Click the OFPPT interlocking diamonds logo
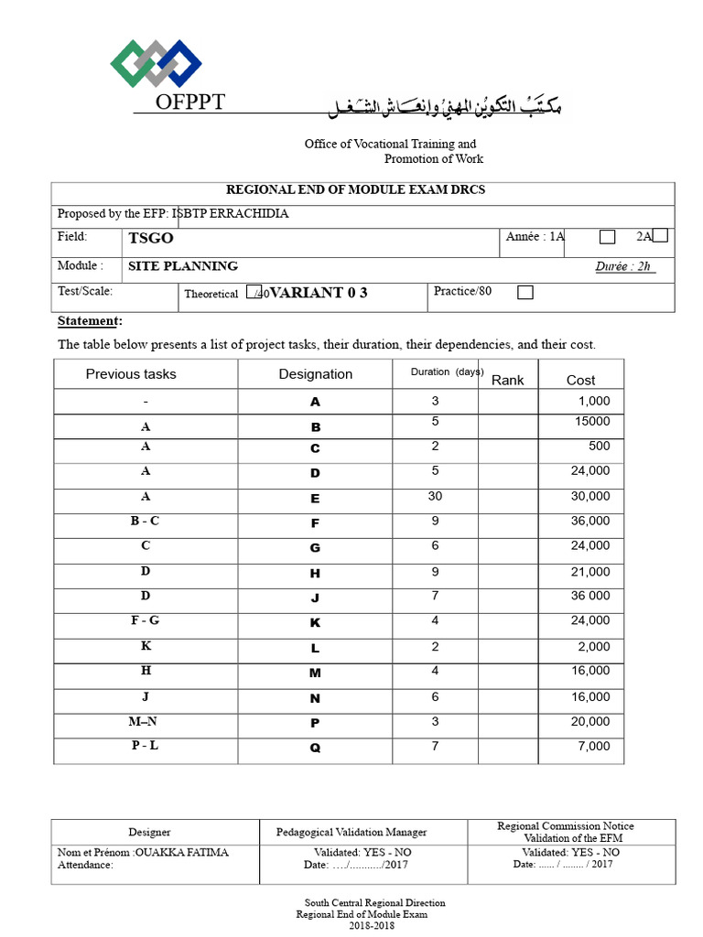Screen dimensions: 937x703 pos(157,63)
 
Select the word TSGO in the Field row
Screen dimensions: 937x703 pos(151,238)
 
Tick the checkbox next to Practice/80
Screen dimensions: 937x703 pos(525,293)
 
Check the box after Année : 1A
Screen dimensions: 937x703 pos(607,238)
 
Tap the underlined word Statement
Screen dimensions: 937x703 pos(89,321)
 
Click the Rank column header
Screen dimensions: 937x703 pos(508,379)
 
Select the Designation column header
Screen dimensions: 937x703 pos(315,374)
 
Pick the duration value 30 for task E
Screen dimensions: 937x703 pos(435,497)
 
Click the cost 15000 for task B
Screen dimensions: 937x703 pos(591,422)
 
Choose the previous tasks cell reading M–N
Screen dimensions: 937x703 pos(145,720)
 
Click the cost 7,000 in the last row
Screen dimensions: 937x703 pos(593,747)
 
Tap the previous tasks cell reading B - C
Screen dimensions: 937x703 pos(145,521)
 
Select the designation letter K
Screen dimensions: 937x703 pos(315,623)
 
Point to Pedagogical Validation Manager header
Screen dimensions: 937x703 pos(351,832)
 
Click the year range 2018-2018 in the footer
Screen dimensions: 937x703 pos(351,925)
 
